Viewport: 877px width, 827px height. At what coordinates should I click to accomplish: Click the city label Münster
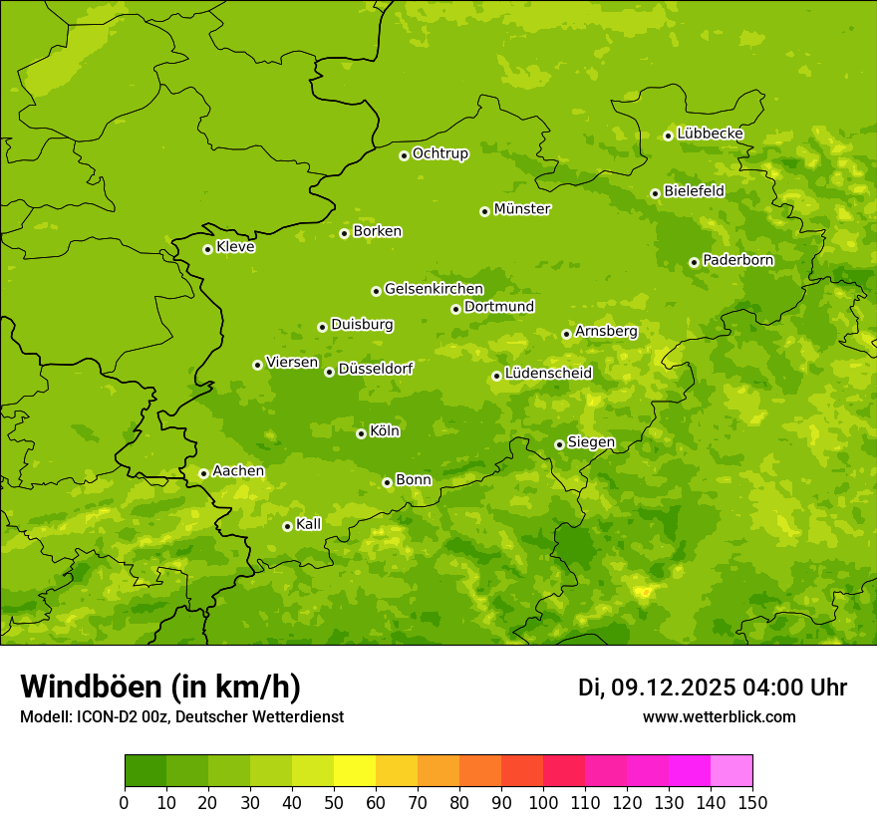(x=521, y=209)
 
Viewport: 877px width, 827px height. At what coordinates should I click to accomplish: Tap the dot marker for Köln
(x=361, y=433)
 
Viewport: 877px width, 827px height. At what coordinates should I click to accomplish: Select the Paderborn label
(x=737, y=260)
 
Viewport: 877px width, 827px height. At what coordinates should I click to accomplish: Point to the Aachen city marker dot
(x=203, y=473)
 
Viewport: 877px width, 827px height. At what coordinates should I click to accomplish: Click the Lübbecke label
(x=710, y=134)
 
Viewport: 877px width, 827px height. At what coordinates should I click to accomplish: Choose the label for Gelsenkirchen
(x=434, y=289)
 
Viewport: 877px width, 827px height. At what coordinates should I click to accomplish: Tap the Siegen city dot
(x=559, y=444)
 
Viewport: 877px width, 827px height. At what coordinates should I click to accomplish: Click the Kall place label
(x=308, y=524)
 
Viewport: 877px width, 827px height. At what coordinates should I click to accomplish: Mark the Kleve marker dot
(x=207, y=249)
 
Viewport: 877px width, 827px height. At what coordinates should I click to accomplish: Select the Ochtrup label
(x=439, y=153)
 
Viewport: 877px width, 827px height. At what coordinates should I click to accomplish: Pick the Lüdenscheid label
(x=548, y=374)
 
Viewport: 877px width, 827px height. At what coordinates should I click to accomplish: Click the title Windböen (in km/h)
(x=160, y=688)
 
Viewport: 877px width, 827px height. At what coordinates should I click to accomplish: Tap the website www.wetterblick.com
(x=719, y=716)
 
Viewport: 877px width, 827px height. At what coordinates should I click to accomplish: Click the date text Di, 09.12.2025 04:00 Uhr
(x=713, y=688)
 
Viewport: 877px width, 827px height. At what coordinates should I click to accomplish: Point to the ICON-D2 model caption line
(x=181, y=716)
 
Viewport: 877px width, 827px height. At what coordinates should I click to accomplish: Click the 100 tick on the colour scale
(x=543, y=802)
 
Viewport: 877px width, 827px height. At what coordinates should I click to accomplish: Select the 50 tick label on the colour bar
(x=334, y=802)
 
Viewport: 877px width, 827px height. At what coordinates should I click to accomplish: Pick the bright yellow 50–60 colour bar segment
(x=355, y=771)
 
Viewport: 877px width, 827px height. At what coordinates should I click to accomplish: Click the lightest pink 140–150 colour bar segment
(x=731, y=771)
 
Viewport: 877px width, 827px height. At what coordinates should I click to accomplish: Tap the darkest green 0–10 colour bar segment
(x=146, y=771)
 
